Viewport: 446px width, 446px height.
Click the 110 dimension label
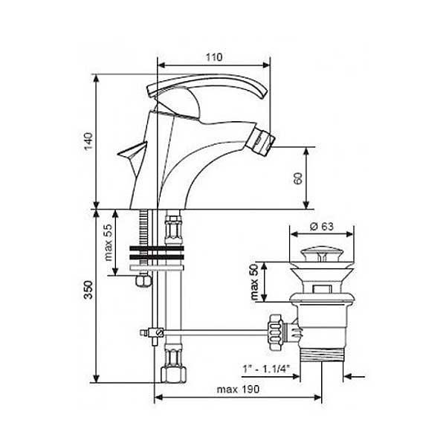(214, 57)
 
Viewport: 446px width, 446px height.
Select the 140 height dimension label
(88, 142)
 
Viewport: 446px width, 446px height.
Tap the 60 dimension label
(298, 178)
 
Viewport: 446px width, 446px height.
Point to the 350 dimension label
(88, 290)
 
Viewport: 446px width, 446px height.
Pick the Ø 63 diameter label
(321, 227)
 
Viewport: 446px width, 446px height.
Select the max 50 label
(254, 282)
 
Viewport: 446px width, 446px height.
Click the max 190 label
(238, 389)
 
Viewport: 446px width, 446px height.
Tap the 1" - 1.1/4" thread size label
(266, 369)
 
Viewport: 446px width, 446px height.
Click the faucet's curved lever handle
(207, 86)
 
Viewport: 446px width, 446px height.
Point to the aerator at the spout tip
(265, 140)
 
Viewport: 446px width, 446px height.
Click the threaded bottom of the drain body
(322, 355)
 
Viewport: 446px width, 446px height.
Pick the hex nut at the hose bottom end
(173, 375)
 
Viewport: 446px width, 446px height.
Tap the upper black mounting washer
(156, 248)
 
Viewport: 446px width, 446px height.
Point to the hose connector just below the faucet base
(173, 229)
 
